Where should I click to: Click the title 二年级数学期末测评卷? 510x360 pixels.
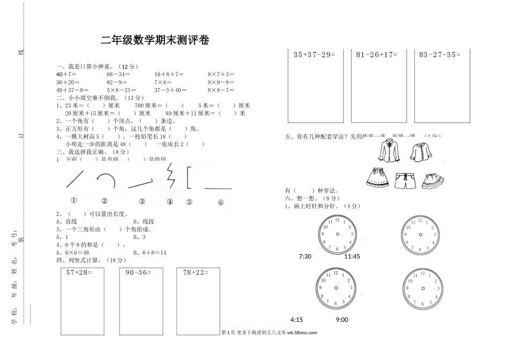click(155, 40)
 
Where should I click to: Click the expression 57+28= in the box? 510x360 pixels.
click(78, 272)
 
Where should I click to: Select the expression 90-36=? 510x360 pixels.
click(138, 272)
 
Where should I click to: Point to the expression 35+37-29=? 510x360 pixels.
click(315, 54)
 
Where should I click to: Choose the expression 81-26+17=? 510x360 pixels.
click(375, 54)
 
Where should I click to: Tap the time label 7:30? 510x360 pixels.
click(305, 256)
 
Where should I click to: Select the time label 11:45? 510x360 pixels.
click(352, 256)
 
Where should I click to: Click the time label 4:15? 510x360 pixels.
click(296, 320)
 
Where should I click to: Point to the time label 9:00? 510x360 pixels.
click(341, 320)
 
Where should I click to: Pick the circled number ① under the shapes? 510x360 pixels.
click(74, 201)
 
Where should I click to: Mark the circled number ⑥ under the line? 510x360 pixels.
click(221, 203)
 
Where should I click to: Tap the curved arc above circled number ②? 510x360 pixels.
click(106, 178)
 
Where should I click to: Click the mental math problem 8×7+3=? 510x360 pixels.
click(221, 74)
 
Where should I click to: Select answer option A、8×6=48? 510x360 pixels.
click(72, 252)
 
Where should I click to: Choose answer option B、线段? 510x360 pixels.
click(143, 221)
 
